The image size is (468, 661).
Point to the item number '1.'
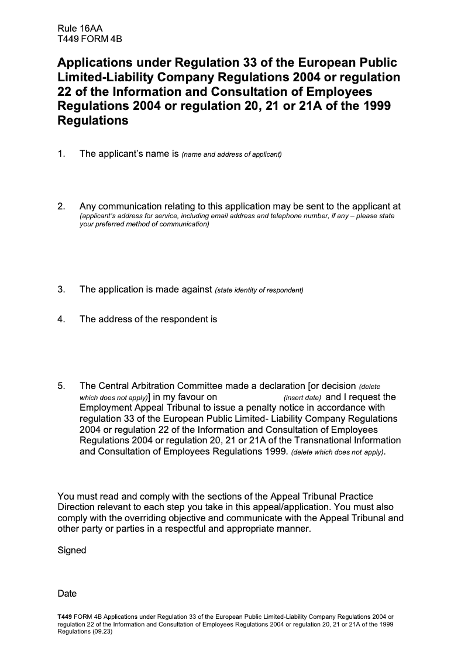click(x=61, y=154)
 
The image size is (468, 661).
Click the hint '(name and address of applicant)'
click(x=232, y=154)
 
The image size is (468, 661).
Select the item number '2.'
click(x=61, y=206)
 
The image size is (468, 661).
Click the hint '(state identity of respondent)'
click(x=259, y=290)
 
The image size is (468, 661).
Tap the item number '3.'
click(x=61, y=290)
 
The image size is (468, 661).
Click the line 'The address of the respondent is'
click(x=148, y=319)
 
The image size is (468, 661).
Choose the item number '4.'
click(x=61, y=319)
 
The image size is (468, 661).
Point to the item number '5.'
click(x=61, y=386)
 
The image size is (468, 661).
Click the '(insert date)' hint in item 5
click(x=302, y=398)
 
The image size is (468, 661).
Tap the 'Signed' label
click(x=72, y=550)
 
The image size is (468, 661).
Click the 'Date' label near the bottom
click(x=67, y=594)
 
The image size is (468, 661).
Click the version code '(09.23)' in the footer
click(x=102, y=632)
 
